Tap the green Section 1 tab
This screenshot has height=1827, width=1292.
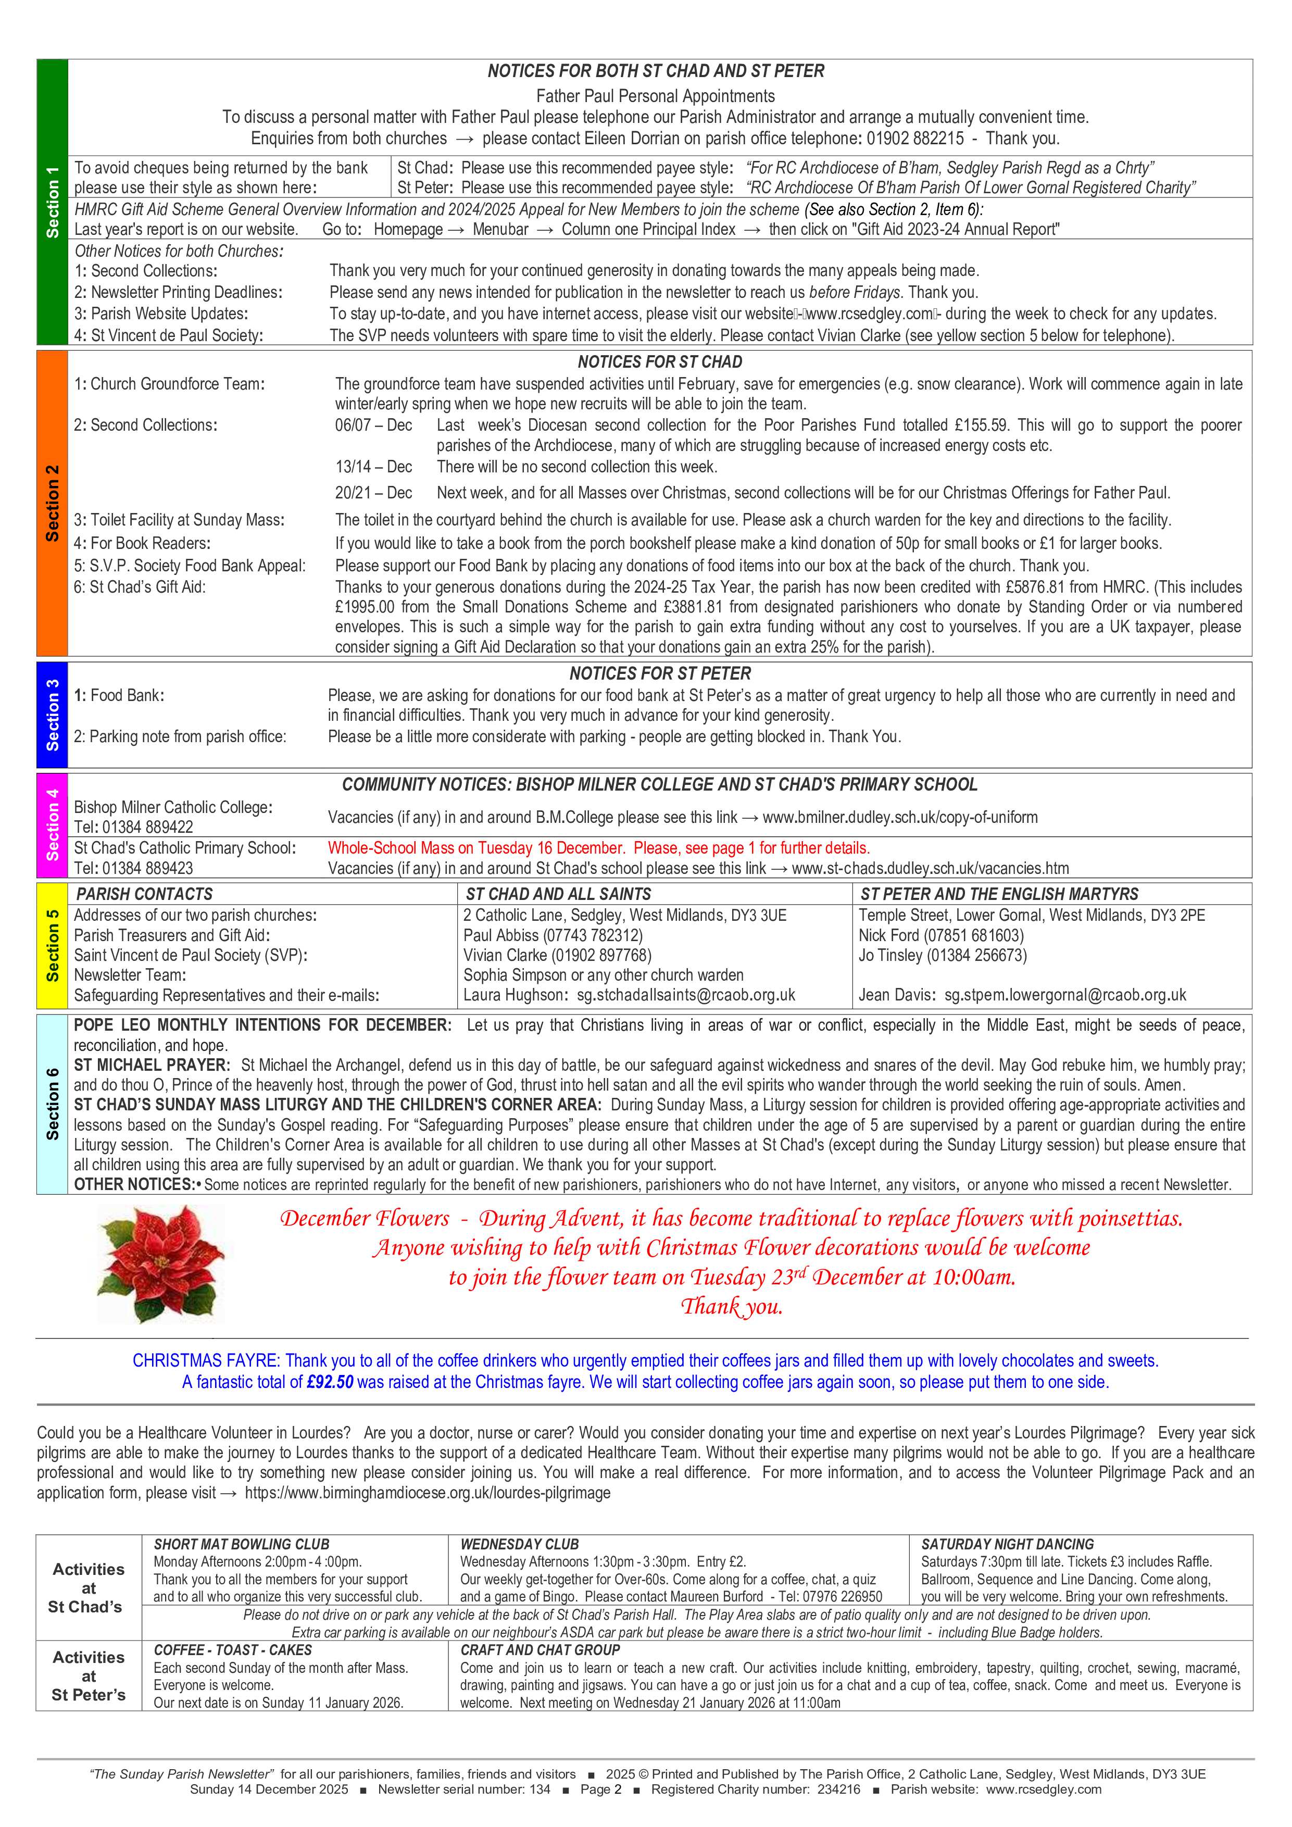click(x=53, y=204)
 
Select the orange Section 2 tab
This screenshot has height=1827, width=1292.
click(x=53, y=503)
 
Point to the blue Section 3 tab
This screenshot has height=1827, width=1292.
click(x=53, y=714)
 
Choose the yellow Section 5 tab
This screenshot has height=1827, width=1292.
click(x=53, y=945)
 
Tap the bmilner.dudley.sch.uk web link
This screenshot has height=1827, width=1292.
click(x=900, y=817)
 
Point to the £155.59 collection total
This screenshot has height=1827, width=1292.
click(x=980, y=425)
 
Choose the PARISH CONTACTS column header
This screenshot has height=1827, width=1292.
click(x=144, y=894)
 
